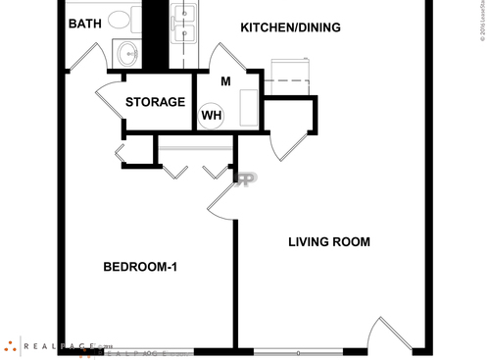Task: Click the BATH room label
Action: coord(83,24)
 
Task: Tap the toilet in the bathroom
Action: coord(121,19)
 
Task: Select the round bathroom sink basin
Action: coord(126,52)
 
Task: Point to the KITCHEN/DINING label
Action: coord(290,27)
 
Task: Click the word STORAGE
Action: coord(155,102)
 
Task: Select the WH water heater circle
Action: coord(211,116)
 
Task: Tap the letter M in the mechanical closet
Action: coord(224,81)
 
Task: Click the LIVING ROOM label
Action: coord(328,242)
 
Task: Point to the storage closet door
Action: coord(108,98)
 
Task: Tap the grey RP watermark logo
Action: coord(244,180)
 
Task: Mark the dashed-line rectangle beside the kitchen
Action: coord(289,71)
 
